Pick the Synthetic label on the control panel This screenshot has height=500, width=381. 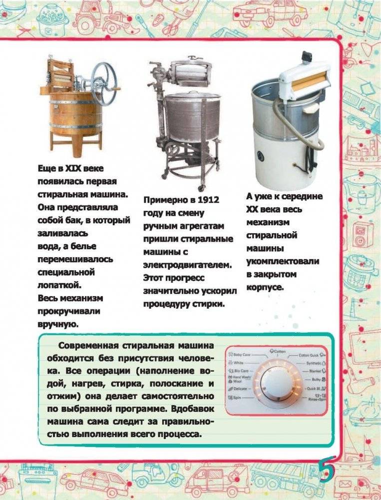pos(314,363)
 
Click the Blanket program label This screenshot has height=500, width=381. pos(315,371)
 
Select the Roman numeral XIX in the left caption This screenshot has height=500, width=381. pos(72,169)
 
